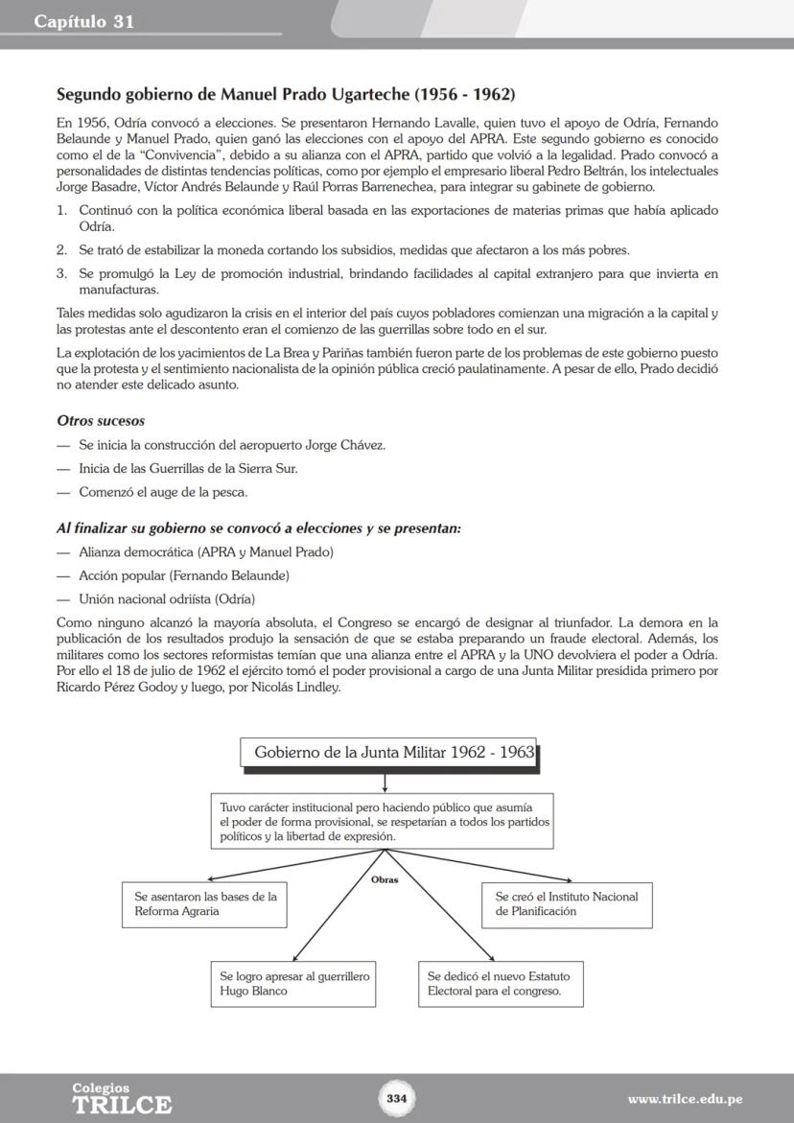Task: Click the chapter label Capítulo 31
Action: point(84,22)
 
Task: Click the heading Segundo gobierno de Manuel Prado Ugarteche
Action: point(286,95)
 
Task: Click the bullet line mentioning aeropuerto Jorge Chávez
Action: point(232,445)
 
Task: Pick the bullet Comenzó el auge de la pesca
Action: point(163,492)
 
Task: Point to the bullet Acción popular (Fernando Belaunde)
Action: point(183,575)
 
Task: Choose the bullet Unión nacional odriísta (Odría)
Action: point(167,599)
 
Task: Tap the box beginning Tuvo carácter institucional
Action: point(382,821)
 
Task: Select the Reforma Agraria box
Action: point(205,904)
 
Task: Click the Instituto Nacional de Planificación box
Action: point(566,904)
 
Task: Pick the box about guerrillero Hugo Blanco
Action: point(292,984)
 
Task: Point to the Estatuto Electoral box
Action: point(500,984)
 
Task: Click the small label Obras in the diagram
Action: point(384,878)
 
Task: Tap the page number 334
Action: point(397,1098)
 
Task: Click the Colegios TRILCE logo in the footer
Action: point(121,1099)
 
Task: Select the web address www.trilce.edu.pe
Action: point(685,1099)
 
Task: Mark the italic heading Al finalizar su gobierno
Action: point(259,528)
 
